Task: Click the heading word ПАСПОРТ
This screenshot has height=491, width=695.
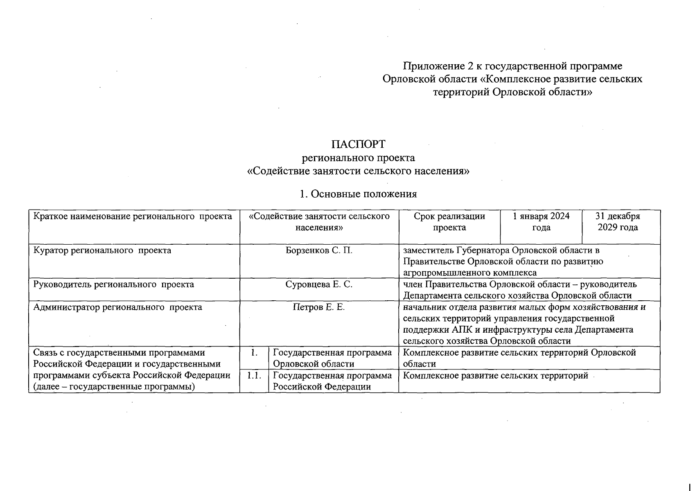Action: pyautogui.click(x=358, y=144)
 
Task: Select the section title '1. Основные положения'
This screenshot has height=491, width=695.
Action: pyautogui.click(x=358, y=194)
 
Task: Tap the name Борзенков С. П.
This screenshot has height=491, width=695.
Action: pyautogui.click(x=319, y=250)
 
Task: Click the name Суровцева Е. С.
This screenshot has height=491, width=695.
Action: pyautogui.click(x=319, y=284)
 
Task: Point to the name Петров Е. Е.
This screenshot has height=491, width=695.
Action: pyautogui.click(x=319, y=307)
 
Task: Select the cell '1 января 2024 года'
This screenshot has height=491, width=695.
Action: pyautogui.click(x=541, y=222)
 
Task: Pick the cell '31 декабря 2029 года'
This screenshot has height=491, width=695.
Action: pyautogui.click(x=618, y=222)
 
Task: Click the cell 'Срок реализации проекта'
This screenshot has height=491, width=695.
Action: pyautogui.click(x=449, y=222)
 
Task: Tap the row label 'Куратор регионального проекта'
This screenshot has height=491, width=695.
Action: pyautogui.click(x=102, y=250)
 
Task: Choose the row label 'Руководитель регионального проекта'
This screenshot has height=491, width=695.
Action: pyautogui.click(x=113, y=284)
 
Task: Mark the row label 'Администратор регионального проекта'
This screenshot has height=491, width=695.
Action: pyautogui.click(x=117, y=307)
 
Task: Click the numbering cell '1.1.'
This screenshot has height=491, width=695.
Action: pyautogui.click(x=254, y=376)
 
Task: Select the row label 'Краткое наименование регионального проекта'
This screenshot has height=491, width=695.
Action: pyautogui.click(x=132, y=216)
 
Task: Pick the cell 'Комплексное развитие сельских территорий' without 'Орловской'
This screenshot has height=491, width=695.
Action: pyautogui.click(x=495, y=376)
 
